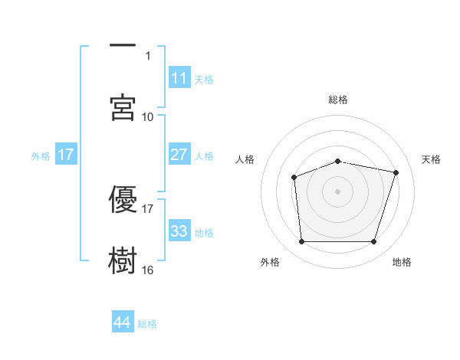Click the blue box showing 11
[x=179, y=78]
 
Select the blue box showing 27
[x=179, y=155]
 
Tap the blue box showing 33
[x=179, y=231]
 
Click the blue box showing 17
[x=66, y=155]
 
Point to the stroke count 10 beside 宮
[x=148, y=117]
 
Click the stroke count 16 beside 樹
[x=148, y=270]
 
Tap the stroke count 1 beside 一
[x=148, y=56]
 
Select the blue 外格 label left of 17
[x=41, y=155]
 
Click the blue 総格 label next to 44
[x=147, y=324]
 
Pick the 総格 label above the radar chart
[x=338, y=100]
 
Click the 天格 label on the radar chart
[x=432, y=159]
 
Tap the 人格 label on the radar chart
[x=245, y=159]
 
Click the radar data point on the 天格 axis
[x=396, y=172]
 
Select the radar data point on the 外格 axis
[x=301, y=242]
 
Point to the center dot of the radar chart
[x=338, y=191]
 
